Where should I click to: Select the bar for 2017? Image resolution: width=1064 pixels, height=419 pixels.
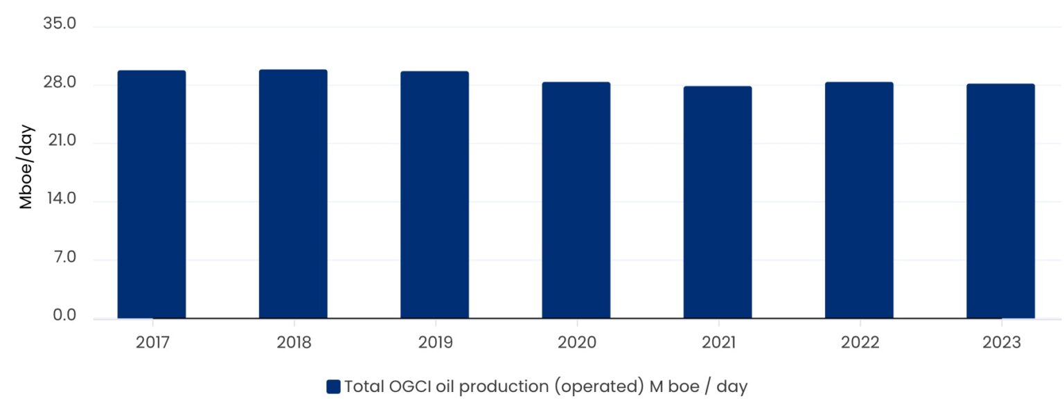coord(152,195)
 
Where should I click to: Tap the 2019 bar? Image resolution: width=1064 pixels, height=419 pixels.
coord(434,195)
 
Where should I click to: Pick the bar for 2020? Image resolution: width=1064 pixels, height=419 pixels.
coord(576,200)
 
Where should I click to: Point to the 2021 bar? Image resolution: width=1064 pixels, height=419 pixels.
coord(718,202)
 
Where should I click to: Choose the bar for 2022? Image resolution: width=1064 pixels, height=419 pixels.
coord(859,200)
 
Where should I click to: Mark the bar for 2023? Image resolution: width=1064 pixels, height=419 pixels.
coord(1000,201)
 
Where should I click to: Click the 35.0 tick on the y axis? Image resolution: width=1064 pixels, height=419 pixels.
coord(59,25)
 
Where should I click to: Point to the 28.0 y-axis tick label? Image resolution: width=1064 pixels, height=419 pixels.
coord(59,84)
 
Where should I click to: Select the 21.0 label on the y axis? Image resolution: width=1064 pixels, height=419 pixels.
coord(60,142)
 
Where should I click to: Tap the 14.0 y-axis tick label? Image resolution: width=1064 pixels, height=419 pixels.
coord(60,200)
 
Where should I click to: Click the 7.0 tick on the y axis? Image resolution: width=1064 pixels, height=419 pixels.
coord(62,258)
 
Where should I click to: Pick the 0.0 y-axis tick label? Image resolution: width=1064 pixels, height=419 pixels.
coord(62,317)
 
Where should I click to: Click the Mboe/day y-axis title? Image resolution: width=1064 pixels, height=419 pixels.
coord(26,167)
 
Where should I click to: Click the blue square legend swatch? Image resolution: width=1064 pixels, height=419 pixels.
coord(333,387)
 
